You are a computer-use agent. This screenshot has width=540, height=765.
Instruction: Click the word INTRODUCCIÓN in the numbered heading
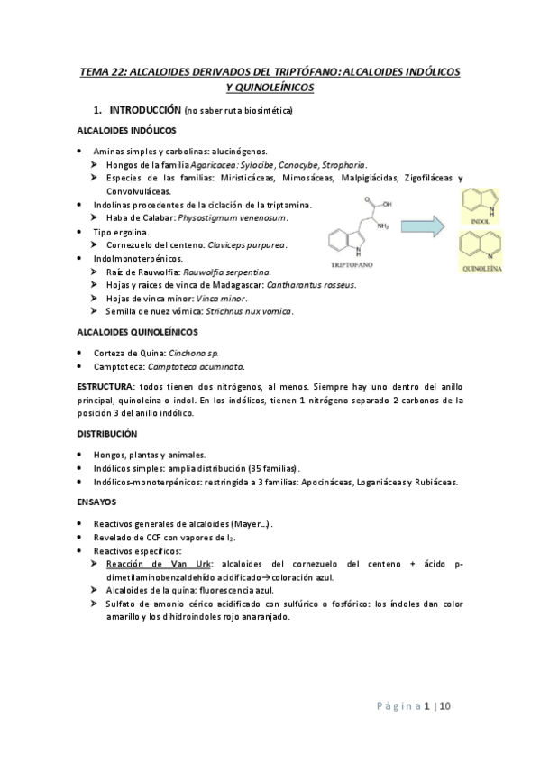pyautogui.click(x=143, y=110)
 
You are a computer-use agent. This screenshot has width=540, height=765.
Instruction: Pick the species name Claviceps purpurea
pyautogui.click(x=247, y=244)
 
